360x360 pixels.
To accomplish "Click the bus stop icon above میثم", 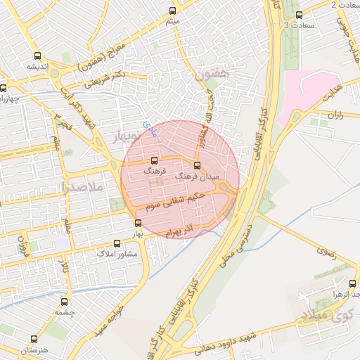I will tap(173, 11).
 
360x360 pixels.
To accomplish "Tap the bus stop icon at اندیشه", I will tap(37, 56).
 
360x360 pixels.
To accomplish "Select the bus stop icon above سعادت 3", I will tap(299, 15).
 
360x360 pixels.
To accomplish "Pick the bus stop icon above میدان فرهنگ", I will tap(196, 165).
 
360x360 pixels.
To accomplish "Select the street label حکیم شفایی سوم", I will tap(176, 201).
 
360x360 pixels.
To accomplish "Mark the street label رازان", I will tap(335, 115).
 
